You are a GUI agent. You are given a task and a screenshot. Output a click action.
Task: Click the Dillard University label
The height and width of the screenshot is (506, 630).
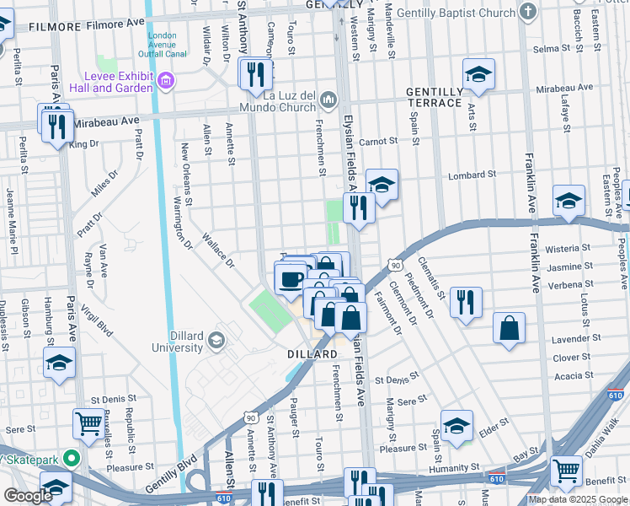click(x=177, y=341)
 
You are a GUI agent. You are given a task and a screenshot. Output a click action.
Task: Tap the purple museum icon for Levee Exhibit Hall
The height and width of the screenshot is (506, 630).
click(x=165, y=81)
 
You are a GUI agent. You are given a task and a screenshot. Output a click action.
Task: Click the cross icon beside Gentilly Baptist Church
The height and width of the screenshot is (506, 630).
click(x=528, y=12)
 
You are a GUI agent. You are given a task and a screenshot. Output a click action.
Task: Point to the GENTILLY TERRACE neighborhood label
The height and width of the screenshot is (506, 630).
click(x=434, y=97)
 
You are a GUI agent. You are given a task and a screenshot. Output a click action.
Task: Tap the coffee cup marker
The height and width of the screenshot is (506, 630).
click(x=291, y=278)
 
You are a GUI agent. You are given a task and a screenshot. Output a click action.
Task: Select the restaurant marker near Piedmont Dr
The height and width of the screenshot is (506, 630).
click(x=466, y=303)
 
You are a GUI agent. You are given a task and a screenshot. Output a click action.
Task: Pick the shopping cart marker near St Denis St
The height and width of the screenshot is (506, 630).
click(x=88, y=424)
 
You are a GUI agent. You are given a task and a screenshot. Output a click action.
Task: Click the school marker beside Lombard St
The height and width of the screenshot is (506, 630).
click(x=382, y=185)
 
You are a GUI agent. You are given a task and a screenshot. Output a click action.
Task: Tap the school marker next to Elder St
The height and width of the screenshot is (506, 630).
click(x=456, y=426)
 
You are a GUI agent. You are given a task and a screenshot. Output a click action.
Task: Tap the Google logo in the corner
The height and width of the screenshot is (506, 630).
click(x=28, y=496)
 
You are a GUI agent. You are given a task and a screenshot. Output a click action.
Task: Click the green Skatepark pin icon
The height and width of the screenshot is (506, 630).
click(x=72, y=460)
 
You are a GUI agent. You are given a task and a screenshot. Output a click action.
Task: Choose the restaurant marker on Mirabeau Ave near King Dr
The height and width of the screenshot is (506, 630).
click(x=56, y=126)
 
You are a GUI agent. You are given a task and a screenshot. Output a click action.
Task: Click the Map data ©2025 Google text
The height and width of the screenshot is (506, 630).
click(x=578, y=499)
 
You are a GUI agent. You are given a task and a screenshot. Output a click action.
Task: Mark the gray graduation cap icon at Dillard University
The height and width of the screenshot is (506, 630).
click(x=217, y=340)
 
